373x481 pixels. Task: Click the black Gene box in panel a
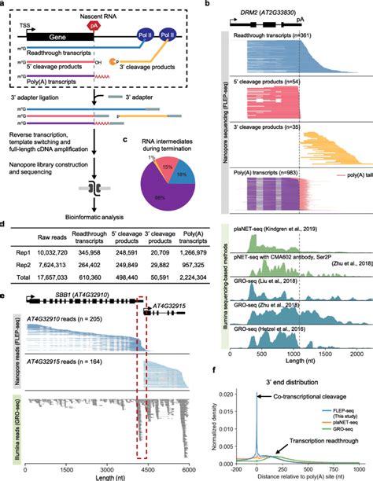(x=59, y=37)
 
